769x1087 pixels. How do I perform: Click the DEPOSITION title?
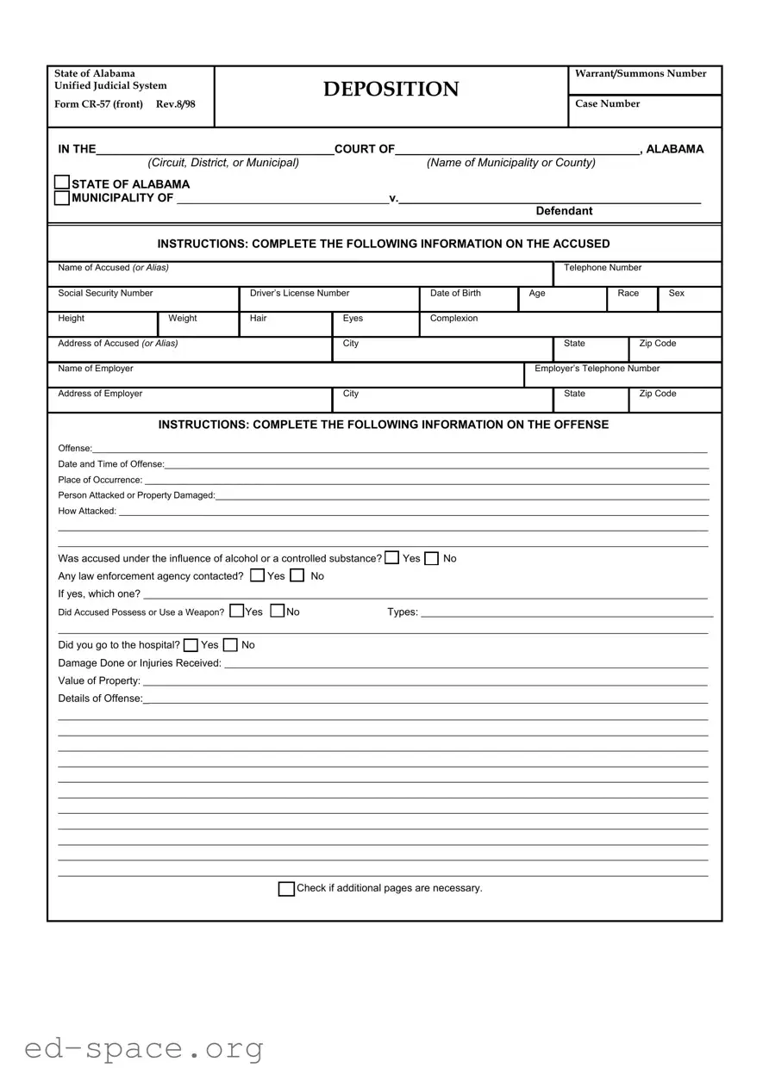391,90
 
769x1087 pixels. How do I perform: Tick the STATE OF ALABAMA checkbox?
62,183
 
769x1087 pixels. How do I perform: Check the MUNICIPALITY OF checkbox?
62,198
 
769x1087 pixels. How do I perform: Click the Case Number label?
607,104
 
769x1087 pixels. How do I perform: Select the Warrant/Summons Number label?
640,74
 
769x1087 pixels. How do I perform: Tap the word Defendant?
564,211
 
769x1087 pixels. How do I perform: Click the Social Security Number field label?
105,294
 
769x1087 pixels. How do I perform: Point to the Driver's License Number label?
299,294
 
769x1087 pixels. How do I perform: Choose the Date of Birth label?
455,294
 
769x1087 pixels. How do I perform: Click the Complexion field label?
453,319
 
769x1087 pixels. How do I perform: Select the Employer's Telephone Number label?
597,369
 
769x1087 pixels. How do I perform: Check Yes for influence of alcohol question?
392,557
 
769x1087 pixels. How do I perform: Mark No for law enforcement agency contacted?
297,575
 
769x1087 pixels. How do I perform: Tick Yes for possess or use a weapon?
237,611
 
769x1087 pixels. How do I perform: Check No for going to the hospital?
230,645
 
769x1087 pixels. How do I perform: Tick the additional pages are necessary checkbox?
286,889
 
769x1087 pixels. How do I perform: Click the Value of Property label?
99,681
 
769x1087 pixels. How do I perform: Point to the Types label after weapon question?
402,612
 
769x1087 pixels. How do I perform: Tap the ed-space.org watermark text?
144,1048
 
